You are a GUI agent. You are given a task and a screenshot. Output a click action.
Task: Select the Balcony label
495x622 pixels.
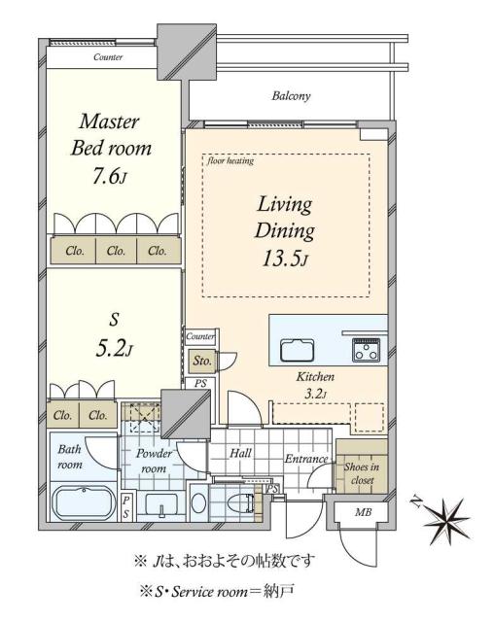pos(291,96)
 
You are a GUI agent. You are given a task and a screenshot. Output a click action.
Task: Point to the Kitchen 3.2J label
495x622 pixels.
pos(316,383)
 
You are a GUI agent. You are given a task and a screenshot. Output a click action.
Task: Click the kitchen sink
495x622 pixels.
pos(296,350)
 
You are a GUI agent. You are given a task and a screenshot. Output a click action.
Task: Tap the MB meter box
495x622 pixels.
pos(362,511)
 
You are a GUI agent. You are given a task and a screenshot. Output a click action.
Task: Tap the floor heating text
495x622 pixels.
pos(230,161)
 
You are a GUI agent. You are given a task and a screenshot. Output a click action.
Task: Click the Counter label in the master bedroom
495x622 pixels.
pos(108,57)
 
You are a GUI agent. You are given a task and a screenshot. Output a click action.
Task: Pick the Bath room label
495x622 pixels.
pos(70,457)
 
